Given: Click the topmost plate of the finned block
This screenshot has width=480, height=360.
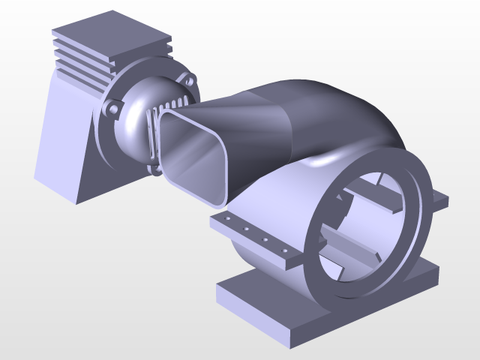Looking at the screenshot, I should point(112,30).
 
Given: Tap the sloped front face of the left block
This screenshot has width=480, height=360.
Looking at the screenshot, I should point(64,142).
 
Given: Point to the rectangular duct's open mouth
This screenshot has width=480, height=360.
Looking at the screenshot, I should point(193,154).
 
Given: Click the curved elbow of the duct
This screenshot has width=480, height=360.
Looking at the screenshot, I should point(337,112).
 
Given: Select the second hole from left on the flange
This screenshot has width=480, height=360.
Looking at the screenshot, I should point(245,229).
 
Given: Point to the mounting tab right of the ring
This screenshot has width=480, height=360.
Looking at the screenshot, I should point(439,200).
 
